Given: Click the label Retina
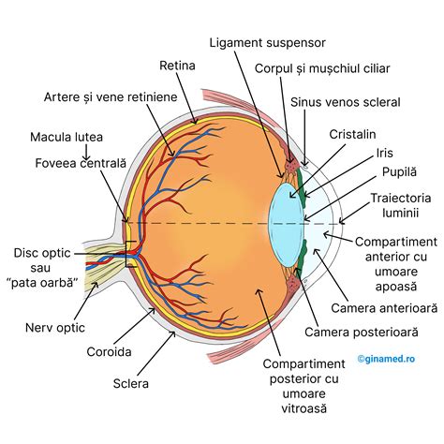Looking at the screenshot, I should pos(177,67).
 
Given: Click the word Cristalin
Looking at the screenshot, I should pos(352,135).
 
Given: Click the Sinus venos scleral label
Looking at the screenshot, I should pos(346,101).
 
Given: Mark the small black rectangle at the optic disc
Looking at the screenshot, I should pos(132,254).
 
